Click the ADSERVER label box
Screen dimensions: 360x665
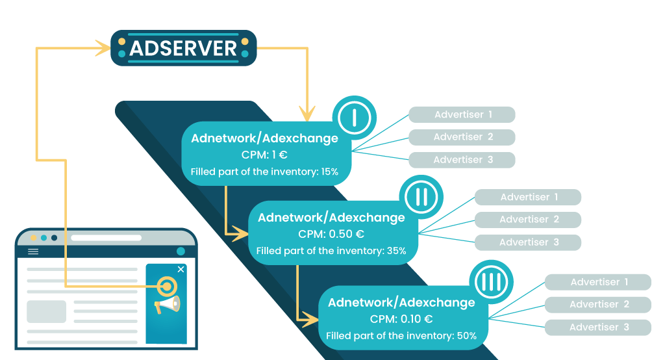click(184, 48)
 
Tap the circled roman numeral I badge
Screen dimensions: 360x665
click(354, 118)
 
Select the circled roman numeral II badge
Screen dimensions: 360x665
click(421, 196)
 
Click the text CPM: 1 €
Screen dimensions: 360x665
click(264, 155)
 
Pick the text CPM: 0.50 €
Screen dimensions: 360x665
click(331, 234)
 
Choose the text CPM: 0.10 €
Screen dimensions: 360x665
click(401, 319)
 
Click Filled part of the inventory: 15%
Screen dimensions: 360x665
click(264, 172)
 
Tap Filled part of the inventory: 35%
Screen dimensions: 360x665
click(331, 251)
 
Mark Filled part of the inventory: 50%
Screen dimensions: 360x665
click(401, 336)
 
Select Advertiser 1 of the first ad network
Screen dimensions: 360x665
click(462, 115)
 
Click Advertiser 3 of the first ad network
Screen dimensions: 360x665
click(462, 160)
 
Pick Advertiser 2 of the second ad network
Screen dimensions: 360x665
click(529, 220)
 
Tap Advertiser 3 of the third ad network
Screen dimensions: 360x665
click(598, 328)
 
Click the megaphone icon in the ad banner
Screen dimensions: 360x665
click(167, 305)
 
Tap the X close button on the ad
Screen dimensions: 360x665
click(181, 269)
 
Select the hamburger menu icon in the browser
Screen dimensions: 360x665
click(33, 251)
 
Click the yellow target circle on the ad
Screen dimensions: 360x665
click(167, 285)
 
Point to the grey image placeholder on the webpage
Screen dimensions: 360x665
click(46, 312)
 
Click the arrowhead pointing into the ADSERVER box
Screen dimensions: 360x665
click(103, 48)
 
